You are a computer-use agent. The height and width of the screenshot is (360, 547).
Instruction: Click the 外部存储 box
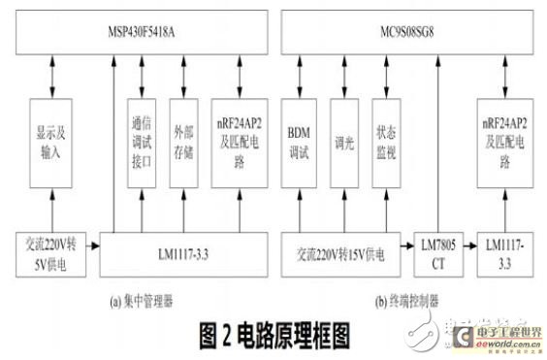click(181, 144)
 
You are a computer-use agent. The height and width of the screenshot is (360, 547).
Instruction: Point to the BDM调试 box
click(297, 144)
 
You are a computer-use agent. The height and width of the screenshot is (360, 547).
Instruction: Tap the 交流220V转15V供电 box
click(337, 253)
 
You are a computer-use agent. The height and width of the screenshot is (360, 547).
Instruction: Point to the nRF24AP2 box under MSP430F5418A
click(241, 144)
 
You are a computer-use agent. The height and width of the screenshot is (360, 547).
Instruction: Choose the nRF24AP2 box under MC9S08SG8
click(505, 144)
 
